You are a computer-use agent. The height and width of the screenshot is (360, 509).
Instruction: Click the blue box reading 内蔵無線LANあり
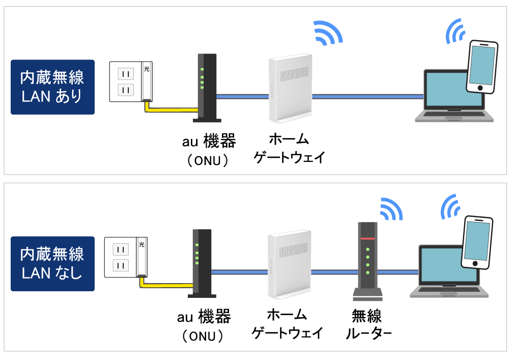[52, 87]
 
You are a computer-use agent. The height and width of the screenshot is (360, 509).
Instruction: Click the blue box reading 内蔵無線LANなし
[52, 263]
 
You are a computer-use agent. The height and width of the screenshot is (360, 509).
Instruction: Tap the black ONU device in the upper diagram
[207, 88]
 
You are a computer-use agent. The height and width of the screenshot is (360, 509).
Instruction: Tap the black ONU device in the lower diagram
[202, 263]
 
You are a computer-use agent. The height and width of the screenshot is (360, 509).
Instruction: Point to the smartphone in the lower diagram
[477, 241]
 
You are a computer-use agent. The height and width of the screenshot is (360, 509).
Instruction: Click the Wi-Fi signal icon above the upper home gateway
[326, 33]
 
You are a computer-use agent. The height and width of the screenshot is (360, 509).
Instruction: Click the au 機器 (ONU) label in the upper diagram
[208, 149]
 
